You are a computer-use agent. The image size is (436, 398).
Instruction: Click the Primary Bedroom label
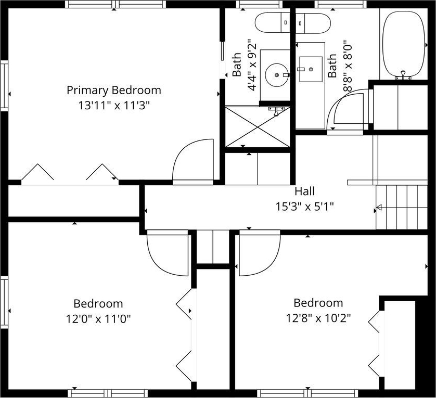pyautogui.click(x=114, y=91)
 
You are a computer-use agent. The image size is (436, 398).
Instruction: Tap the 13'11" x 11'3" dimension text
pyautogui.click(x=114, y=106)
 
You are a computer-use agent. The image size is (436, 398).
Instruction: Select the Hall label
pyautogui.click(x=305, y=191)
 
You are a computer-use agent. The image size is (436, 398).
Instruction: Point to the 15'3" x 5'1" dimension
pyautogui.click(x=305, y=207)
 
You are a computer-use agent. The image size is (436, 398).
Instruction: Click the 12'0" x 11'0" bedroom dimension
pyautogui.click(x=98, y=319)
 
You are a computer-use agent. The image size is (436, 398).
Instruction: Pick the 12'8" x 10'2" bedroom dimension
pyautogui.click(x=318, y=318)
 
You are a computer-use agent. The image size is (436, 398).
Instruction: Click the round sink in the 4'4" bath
pyautogui.click(x=277, y=75)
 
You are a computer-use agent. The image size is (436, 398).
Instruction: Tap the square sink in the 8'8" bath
pyautogui.click(x=311, y=69)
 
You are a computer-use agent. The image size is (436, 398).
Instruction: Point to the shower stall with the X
pyautogui.click(x=258, y=127)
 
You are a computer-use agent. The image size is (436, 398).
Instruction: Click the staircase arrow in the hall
pyautogui.click(x=379, y=207)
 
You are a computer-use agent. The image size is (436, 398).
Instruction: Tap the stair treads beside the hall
pyautogui.click(x=402, y=208)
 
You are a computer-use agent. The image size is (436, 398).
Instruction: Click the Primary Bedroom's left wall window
pyautogui.click(x=4, y=85)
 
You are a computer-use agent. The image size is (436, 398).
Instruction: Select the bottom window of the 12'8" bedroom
pyautogui.click(x=307, y=393)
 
